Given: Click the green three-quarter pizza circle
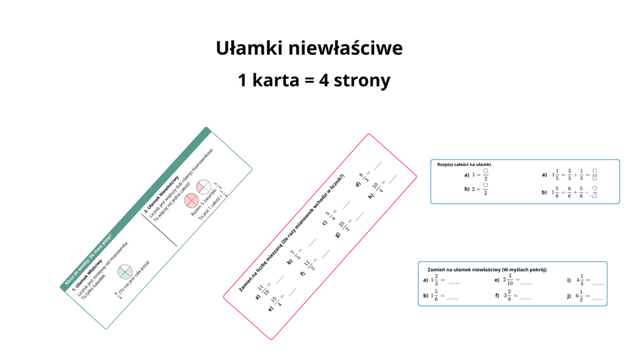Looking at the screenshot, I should point(125,271).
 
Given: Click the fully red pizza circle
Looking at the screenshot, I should point(191,201).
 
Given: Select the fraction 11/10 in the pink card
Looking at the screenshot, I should point(263,292).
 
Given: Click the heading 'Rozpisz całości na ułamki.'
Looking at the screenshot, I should point(465,164).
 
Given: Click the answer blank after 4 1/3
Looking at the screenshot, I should point(597,282).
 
